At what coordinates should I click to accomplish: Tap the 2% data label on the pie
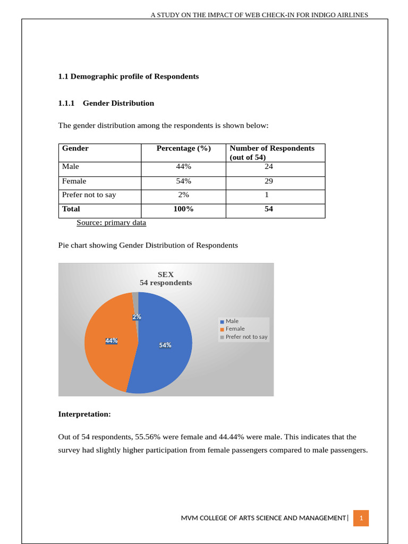coord(137,317)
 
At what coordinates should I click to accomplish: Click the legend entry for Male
coord(232,321)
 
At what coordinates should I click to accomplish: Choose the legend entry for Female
coord(235,329)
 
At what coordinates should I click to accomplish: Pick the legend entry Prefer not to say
coord(246,337)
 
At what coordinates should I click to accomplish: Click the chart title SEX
coord(166,275)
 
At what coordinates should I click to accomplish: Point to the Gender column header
coord(75,148)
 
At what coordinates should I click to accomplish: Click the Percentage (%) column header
coord(183,148)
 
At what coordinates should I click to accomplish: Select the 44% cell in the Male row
coord(183,167)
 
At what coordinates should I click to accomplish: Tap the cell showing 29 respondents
coord(269,181)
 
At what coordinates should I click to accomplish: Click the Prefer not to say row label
coord(89,195)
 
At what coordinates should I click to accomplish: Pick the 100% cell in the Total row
coord(183,209)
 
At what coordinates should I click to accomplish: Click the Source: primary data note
coord(111,223)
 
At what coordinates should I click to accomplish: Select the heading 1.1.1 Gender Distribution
coord(106,103)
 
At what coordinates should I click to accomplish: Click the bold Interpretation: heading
coord(84,413)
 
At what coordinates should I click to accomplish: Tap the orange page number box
coord(361,518)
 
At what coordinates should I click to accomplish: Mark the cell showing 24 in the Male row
coord(269,167)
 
